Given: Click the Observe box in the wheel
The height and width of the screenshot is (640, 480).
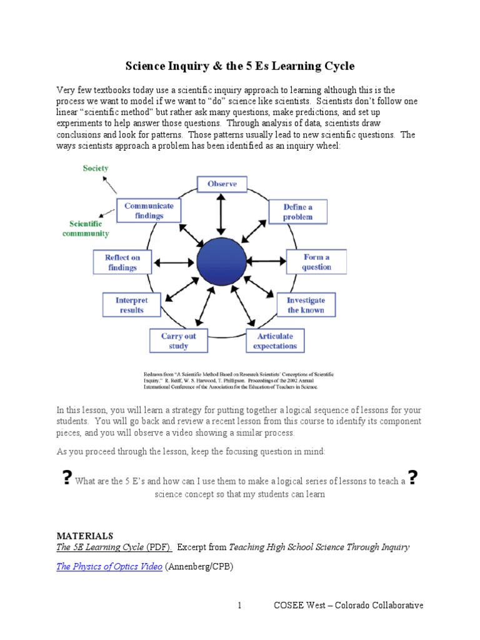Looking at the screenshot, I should pos(222,184).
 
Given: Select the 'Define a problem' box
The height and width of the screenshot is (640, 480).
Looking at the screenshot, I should pos(297,212).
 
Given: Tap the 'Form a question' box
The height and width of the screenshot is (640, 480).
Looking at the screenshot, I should pos(316,262).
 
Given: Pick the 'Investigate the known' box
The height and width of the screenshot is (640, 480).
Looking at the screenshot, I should pos(306,305).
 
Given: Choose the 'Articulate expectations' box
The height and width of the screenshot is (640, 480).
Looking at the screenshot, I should pos(275,341).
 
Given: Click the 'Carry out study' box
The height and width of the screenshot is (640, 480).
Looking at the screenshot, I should pos(178,341).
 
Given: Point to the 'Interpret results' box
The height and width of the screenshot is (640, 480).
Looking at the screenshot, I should pos(131,305).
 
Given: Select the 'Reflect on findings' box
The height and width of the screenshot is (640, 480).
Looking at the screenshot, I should pos(122,262).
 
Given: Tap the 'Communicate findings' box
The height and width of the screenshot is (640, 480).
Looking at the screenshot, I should pos(149,210).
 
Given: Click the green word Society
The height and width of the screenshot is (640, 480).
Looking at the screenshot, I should pos(95,168).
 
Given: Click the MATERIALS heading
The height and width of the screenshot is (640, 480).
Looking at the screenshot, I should pos(85,536).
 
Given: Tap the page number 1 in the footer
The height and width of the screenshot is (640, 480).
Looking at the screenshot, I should pos(239,605).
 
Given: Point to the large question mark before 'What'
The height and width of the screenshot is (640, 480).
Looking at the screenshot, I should pos(66,478).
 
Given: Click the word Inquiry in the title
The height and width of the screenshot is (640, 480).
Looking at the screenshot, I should pos(182,66).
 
